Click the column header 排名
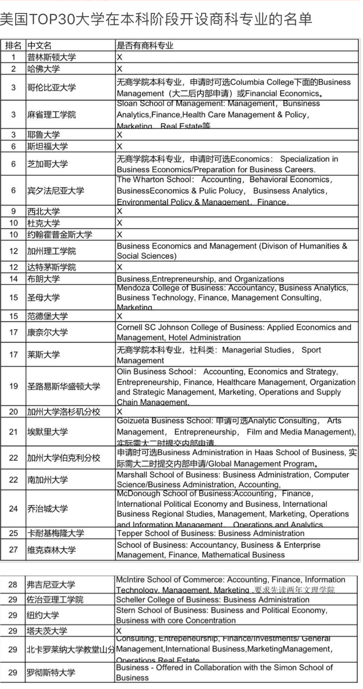(x=13, y=45)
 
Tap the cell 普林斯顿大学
(x=51, y=57)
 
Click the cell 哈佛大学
(x=43, y=69)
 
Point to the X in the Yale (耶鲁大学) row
(x=119, y=135)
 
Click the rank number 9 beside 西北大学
(x=13, y=211)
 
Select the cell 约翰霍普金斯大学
(x=59, y=235)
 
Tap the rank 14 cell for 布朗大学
(x=13, y=279)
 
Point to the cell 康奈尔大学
(x=47, y=332)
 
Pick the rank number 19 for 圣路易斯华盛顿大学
(x=13, y=386)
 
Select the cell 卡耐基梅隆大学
(x=55, y=534)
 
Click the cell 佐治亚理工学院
(x=55, y=600)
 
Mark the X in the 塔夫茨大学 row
(x=119, y=631)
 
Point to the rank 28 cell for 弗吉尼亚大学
(x=13, y=584)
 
